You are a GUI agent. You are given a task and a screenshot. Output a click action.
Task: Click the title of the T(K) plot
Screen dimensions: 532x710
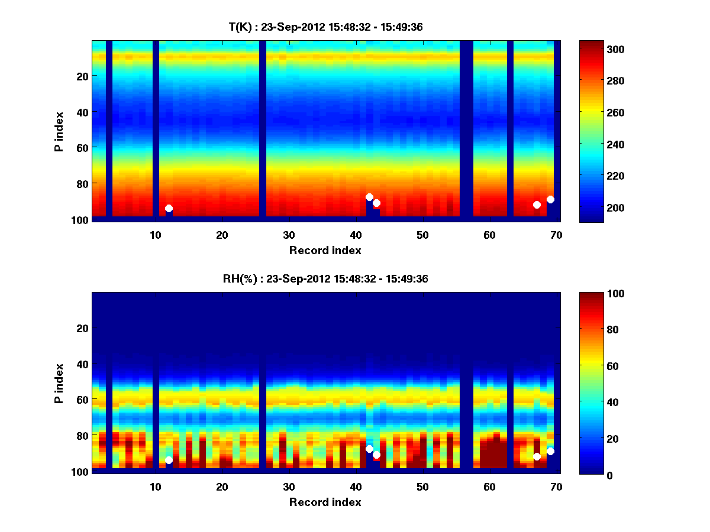[x=325, y=27]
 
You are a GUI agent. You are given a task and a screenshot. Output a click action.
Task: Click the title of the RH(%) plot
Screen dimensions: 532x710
[x=325, y=278]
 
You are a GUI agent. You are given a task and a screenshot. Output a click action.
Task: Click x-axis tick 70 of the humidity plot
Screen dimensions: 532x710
[x=556, y=486]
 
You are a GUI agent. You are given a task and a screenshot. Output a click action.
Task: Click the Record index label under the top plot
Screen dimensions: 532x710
[x=325, y=250]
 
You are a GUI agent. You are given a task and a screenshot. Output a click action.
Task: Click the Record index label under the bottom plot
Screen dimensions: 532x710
[x=325, y=502]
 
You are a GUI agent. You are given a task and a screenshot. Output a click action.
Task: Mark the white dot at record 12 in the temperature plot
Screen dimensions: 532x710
[x=169, y=208]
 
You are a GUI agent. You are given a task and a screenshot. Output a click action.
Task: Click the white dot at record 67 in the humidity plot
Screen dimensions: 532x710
[x=537, y=456]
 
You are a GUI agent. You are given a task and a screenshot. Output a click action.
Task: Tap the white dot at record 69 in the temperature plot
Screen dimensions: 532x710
[x=550, y=199]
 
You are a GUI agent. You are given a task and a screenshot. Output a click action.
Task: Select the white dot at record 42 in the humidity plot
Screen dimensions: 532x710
[x=369, y=449]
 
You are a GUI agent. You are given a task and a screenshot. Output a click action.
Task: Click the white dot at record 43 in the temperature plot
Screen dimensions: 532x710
[x=376, y=203]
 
